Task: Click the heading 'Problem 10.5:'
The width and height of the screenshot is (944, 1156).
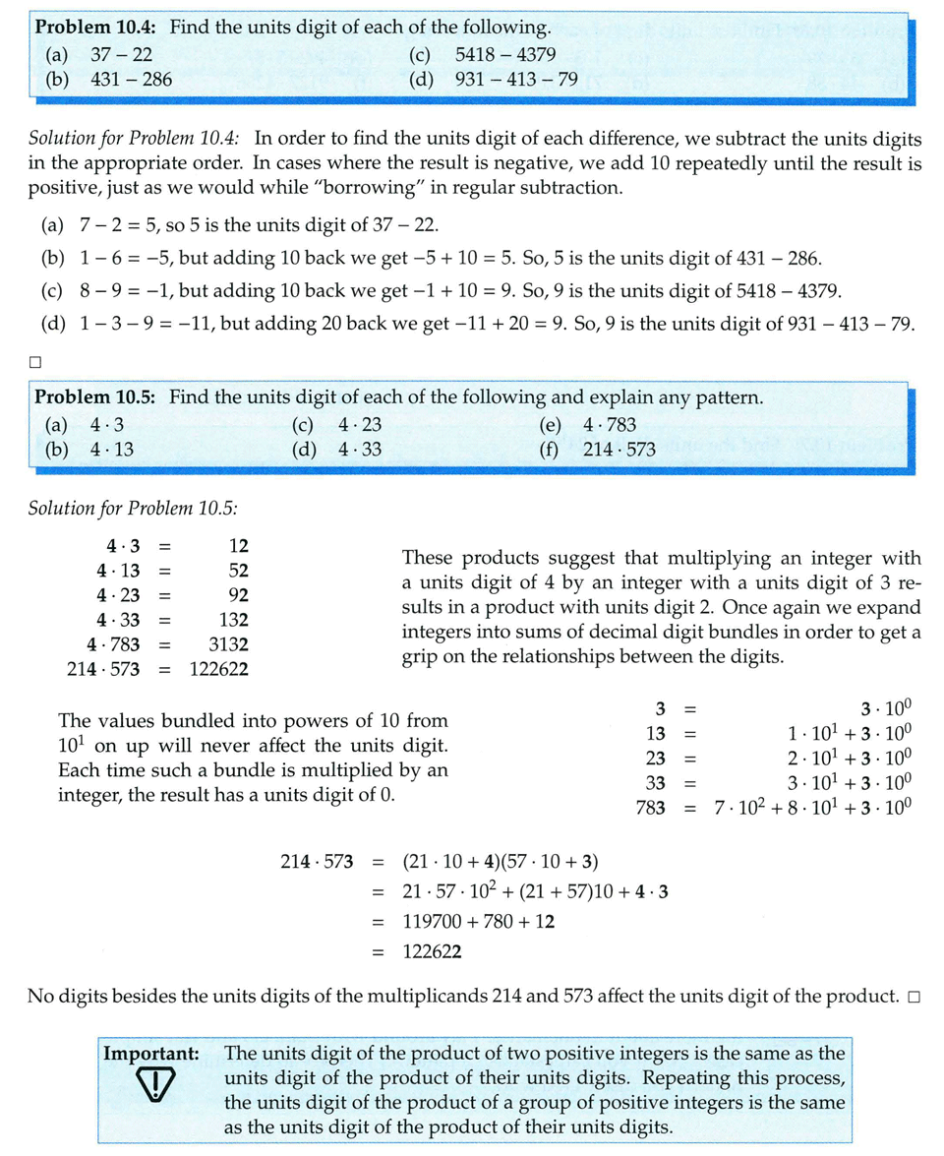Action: tap(98, 397)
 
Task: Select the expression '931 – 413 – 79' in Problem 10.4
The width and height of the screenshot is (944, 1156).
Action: tap(516, 79)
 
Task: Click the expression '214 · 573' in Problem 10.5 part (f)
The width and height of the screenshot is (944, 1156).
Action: tap(619, 450)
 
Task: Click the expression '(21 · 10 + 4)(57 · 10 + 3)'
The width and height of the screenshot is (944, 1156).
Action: tap(501, 863)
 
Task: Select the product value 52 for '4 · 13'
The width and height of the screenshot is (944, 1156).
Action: tap(237, 571)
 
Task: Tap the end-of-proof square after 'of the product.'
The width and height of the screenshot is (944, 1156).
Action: tap(914, 998)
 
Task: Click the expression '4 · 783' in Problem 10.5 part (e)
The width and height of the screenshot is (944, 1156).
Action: tap(610, 425)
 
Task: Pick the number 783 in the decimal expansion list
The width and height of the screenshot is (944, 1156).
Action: tap(650, 808)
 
